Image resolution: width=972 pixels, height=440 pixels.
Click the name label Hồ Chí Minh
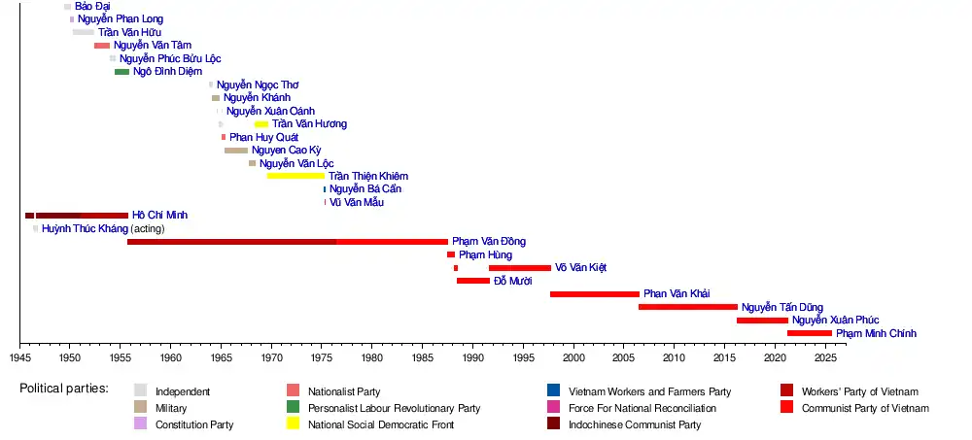coord(160,215)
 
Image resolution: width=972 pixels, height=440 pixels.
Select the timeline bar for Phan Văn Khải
coord(595,293)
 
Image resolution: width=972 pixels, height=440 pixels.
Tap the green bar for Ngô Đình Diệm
coord(121,71)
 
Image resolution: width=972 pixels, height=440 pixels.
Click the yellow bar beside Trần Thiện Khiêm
coord(295,176)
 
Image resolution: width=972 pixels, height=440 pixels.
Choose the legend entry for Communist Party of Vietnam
coord(865,408)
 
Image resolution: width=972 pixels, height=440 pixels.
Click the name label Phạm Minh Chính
coord(876,333)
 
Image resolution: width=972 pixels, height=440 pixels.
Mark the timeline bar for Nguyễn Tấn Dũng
coord(687,307)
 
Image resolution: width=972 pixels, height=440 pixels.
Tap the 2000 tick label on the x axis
coord(574,357)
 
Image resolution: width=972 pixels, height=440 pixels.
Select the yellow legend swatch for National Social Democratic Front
coord(293,423)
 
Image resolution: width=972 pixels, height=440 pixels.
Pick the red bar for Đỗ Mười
coord(473,281)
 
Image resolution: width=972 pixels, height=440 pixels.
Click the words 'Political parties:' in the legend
coord(64,389)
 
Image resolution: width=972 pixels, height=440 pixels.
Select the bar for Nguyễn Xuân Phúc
coord(762,320)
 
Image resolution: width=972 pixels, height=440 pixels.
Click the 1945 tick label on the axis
coord(19,357)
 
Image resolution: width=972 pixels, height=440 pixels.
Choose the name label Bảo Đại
coord(92,7)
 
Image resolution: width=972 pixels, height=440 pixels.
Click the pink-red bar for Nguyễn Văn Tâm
coord(102,46)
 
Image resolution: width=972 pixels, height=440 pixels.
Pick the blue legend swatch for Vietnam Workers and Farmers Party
coord(553,390)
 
